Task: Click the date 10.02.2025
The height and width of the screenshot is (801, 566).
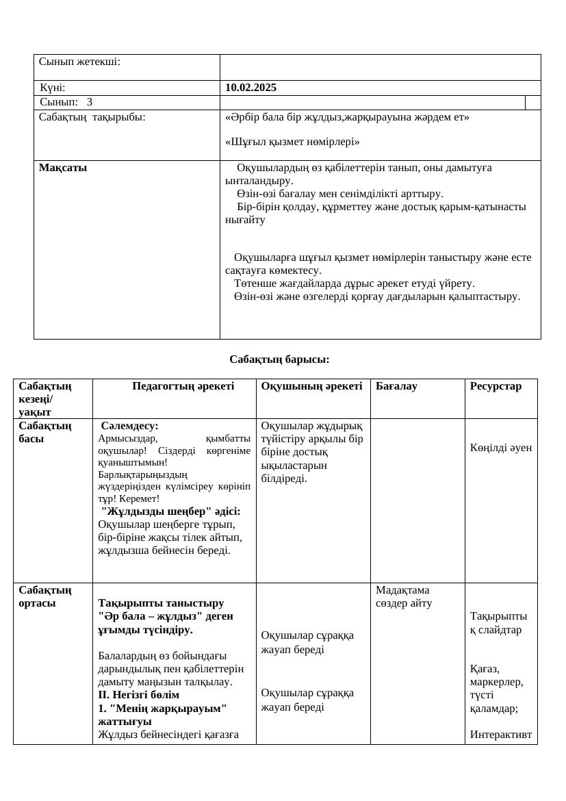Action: [x=250, y=88]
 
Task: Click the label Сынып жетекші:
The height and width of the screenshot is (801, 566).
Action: [x=79, y=62]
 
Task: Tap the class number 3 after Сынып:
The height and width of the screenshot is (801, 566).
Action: [x=90, y=102]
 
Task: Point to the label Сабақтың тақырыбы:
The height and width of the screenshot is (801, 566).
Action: [x=92, y=117]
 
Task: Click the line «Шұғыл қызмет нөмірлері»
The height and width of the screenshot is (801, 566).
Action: [x=292, y=142]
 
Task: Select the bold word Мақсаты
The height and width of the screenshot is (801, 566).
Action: [x=63, y=168]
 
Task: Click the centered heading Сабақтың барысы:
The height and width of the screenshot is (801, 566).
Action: [x=279, y=359]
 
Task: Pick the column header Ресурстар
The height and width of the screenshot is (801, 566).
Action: [x=496, y=386]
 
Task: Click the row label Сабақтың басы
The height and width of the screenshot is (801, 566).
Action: [x=45, y=432]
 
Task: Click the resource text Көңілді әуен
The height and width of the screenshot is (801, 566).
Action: [x=501, y=448]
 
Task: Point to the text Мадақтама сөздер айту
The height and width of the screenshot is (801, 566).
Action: [x=404, y=596]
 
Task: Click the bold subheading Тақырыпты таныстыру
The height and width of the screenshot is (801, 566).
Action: [x=161, y=603]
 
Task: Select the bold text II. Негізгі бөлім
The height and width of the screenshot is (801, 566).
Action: [x=139, y=695]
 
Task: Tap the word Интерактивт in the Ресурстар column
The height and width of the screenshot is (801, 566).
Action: [x=501, y=735]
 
